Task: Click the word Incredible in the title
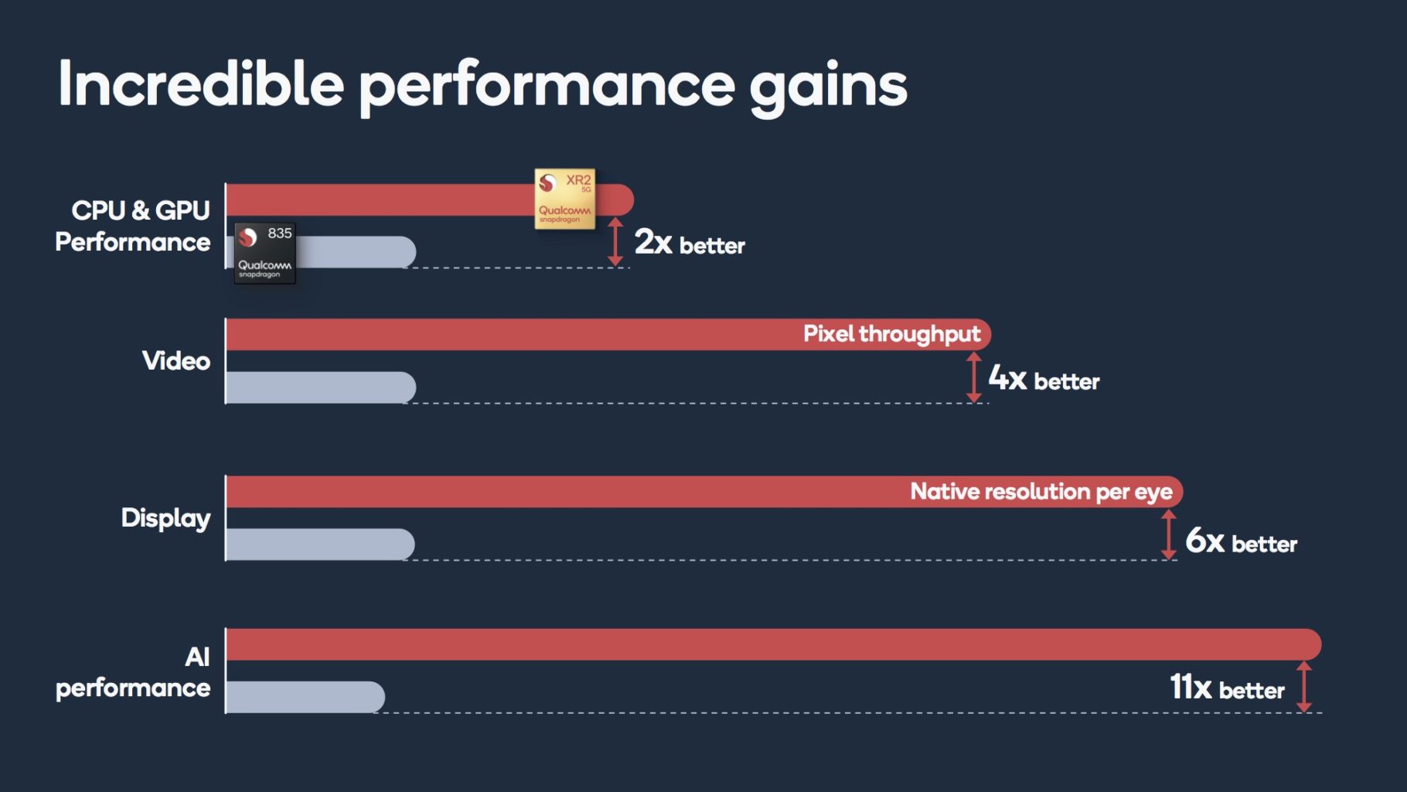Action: pos(201,84)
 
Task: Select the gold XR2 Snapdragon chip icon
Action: pos(565,199)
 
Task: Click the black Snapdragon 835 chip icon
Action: pos(265,253)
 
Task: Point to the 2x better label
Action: pos(690,243)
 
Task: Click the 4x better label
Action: pos(1044,379)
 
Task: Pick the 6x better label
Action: pos(1241,541)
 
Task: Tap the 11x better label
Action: pos(1227,688)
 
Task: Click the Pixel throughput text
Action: pos(892,334)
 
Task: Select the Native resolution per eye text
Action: pos(1041,492)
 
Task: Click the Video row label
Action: pos(176,360)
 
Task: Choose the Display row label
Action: pos(165,518)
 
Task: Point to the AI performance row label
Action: pos(133,672)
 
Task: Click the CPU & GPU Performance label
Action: pos(133,226)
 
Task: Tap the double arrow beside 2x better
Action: pos(615,242)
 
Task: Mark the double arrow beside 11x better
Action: pos(1304,686)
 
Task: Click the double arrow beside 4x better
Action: pos(974,377)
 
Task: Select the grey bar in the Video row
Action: pos(321,387)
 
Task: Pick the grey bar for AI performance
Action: pos(305,697)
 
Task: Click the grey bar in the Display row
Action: pos(320,544)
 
